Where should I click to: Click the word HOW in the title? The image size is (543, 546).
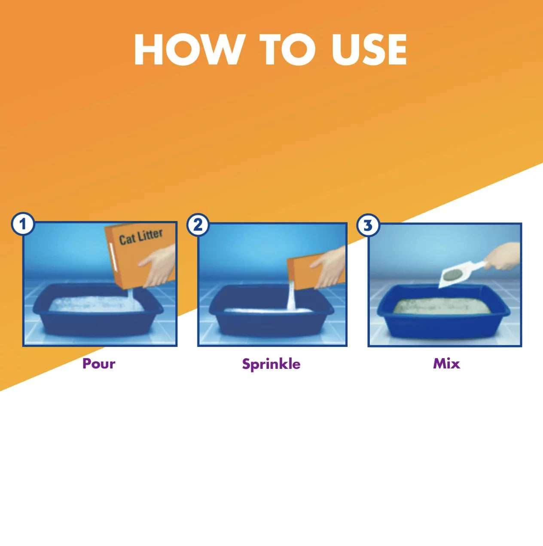coord(188,49)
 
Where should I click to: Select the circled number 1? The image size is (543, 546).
coord(23,224)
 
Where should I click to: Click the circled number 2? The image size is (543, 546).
coord(198,225)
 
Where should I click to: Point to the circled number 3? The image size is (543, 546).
coord(368,225)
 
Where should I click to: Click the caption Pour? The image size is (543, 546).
coord(98,364)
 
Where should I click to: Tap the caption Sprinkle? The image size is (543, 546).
coord(271,364)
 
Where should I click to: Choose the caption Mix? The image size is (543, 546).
coord(446,364)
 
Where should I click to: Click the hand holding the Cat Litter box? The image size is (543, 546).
coord(157,267)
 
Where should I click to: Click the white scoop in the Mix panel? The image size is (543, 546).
coord(461,274)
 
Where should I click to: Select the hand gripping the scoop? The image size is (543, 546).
coord(502,256)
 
